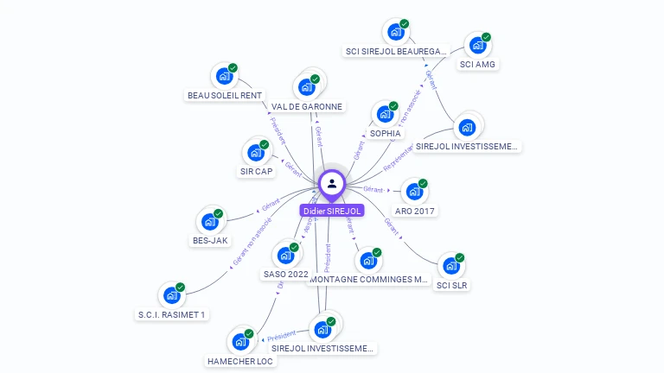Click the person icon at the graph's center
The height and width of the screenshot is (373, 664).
click(332, 183)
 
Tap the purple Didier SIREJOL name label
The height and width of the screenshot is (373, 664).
click(332, 211)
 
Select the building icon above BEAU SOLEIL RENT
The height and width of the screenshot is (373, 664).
click(224, 75)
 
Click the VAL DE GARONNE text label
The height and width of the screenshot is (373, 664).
click(307, 107)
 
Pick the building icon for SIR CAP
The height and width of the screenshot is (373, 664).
click(255, 152)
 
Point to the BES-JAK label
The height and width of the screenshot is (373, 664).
click(210, 240)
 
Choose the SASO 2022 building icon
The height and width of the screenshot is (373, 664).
click(284, 255)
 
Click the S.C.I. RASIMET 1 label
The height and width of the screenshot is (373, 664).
click(172, 314)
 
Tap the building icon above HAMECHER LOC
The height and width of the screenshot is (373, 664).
click(239, 341)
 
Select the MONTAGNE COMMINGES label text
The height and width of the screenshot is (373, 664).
click(369, 280)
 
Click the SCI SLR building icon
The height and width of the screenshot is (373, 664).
click(450, 265)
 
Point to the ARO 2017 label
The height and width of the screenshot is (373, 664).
click(416, 211)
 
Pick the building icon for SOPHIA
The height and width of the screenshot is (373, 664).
click(385, 114)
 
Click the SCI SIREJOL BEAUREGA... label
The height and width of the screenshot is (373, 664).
click(396, 51)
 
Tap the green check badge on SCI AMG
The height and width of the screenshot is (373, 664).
click(487, 37)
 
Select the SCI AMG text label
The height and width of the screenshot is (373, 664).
click(478, 64)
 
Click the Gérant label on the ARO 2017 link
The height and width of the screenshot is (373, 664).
click(373, 188)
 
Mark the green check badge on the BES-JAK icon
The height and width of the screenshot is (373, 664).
click(219, 213)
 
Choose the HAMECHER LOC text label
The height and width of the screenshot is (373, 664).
click(240, 361)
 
